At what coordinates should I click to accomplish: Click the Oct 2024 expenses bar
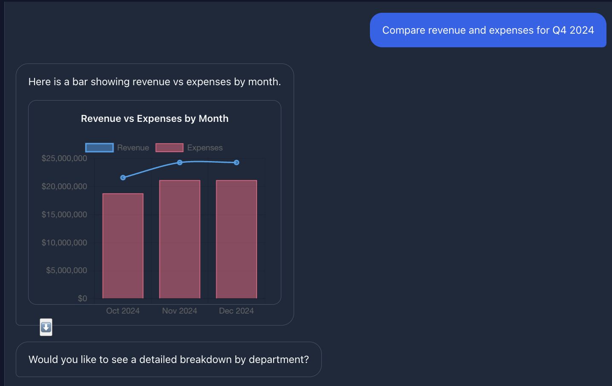(123, 246)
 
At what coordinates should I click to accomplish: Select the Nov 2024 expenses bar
(179, 239)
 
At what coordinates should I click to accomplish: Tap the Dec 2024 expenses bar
(236, 239)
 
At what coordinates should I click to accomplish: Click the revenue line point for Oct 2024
(123, 178)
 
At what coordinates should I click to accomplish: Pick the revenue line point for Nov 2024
(180, 162)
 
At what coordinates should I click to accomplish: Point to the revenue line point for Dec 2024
(237, 162)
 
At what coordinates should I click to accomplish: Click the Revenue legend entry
(117, 147)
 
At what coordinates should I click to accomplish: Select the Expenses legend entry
(189, 147)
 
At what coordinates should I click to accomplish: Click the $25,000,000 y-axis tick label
(64, 158)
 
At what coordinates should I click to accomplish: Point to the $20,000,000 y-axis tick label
(64, 187)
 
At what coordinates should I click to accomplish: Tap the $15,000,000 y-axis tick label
(64, 215)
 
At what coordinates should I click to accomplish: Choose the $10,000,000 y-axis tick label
(64, 243)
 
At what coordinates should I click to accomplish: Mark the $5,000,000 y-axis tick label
(66, 271)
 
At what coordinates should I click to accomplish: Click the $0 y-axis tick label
(82, 299)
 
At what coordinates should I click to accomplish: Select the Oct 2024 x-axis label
(123, 311)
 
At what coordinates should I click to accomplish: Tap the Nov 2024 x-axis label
(179, 311)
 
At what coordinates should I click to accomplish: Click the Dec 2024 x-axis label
(236, 311)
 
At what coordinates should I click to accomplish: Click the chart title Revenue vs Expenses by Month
(155, 118)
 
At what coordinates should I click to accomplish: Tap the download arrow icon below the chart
(46, 327)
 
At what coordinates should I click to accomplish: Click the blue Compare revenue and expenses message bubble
(488, 30)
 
